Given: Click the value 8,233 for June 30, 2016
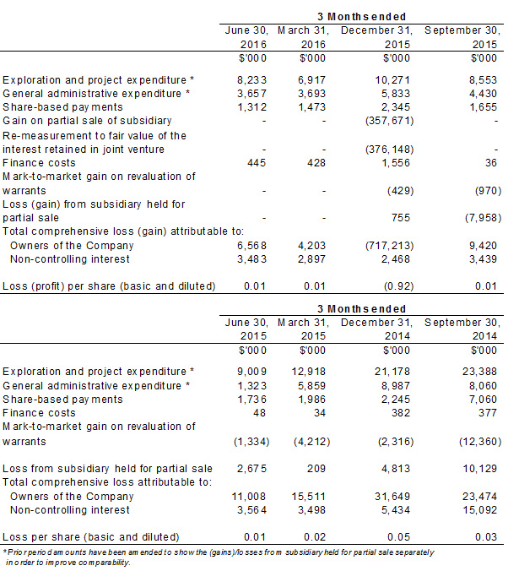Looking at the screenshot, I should point(252,80).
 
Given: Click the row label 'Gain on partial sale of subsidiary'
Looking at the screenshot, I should point(88,122).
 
